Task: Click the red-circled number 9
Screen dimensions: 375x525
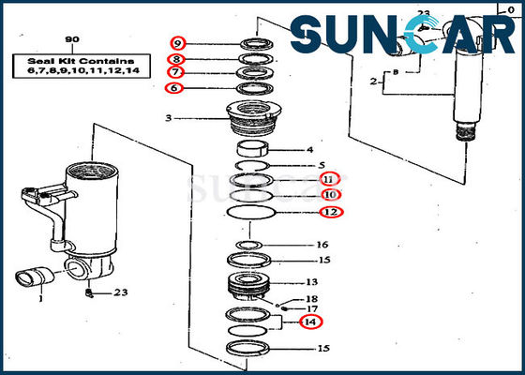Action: (178, 42)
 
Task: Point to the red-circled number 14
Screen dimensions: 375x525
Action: (310, 322)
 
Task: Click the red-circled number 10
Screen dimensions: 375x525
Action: (330, 195)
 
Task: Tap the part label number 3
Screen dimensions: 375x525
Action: (168, 118)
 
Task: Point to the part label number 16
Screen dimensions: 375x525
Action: (323, 246)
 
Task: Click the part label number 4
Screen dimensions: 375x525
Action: (310, 149)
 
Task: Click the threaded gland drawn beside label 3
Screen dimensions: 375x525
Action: (256, 122)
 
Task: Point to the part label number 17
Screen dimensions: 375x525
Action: (312, 308)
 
